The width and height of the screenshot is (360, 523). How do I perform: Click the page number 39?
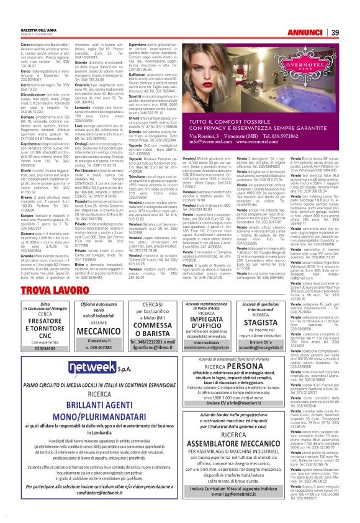click(x=351, y=15)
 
